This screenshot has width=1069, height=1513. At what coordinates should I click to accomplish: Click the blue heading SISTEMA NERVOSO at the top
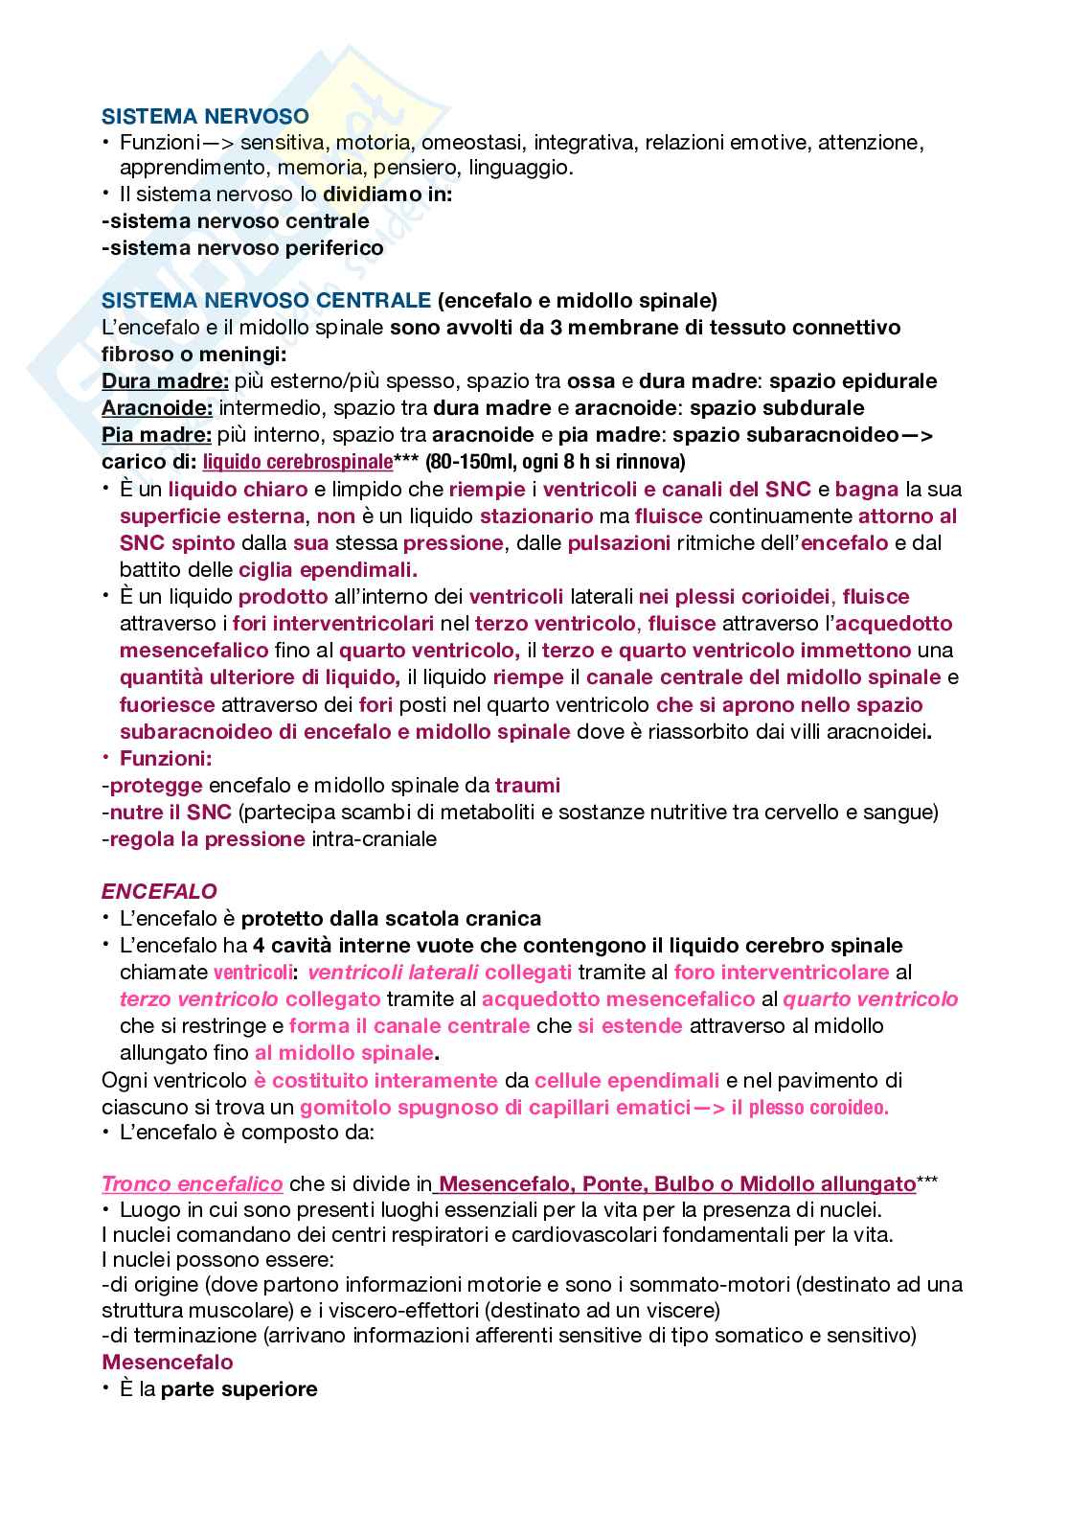tap(205, 116)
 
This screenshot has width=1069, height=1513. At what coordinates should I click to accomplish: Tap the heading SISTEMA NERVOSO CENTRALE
tap(266, 300)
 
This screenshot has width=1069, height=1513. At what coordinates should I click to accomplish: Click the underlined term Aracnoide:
tap(157, 407)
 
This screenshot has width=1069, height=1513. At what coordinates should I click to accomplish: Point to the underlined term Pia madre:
tap(156, 434)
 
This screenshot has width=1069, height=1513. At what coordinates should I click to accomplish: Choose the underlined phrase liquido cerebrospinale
tap(298, 462)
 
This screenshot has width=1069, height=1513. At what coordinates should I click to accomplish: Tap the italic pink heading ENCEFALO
tap(159, 891)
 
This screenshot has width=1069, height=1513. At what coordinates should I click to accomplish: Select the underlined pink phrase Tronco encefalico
tap(192, 1183)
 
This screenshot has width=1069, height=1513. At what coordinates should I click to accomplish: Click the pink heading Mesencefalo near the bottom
tap(167, 1361)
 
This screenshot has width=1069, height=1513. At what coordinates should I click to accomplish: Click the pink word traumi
tap(528, 785)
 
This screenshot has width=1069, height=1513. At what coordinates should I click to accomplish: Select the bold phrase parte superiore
tap(239, 1387)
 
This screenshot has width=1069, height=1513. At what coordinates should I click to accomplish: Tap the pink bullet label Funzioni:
tap(166, 758)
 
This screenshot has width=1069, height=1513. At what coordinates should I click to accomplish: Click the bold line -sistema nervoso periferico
tap(242, 247)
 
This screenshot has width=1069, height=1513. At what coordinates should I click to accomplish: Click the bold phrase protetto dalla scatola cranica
tap(391, 918)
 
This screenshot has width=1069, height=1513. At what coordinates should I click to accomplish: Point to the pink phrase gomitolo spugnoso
tap(397, 1107)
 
